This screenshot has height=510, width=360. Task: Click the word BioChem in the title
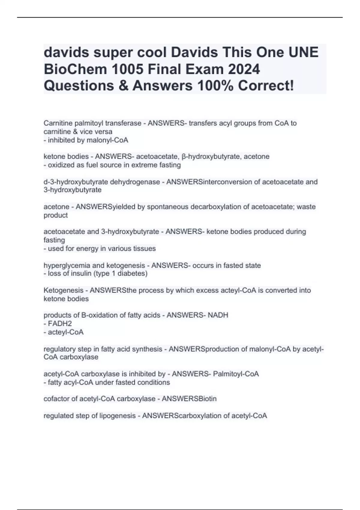[x=76, y=69]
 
